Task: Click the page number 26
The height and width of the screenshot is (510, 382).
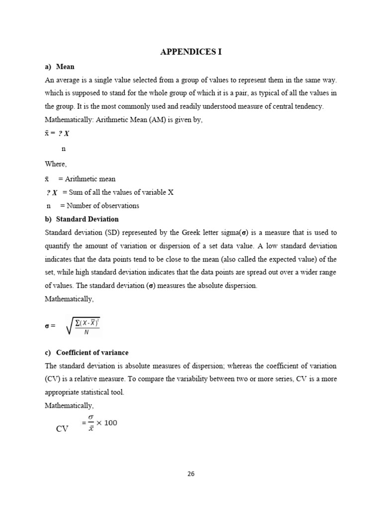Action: point(191,474)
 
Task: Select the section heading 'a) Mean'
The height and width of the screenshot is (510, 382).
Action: point(60,67)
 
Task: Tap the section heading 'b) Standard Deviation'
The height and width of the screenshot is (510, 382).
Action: point(82,219)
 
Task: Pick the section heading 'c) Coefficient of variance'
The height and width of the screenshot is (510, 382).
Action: point(87,353)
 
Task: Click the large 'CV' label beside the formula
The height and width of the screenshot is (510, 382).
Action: point(62,428)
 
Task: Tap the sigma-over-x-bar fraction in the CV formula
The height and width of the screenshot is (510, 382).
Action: point(91,423)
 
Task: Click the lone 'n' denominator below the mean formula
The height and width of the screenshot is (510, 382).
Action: point(63,149)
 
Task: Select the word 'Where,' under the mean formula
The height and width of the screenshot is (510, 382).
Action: point(55,164)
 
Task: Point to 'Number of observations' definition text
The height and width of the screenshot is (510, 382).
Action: point(103,206)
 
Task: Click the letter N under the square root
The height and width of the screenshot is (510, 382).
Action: point(86,333)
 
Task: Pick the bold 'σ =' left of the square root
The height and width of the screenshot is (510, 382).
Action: point(50,326)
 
